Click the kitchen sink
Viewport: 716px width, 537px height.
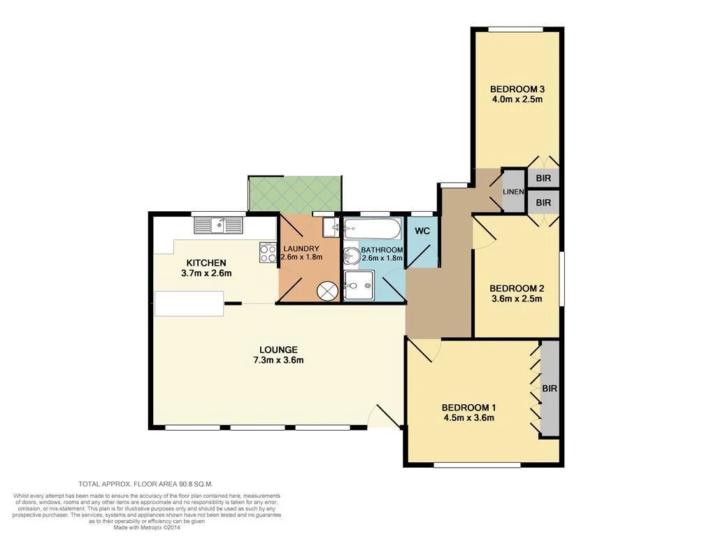coord(218,225)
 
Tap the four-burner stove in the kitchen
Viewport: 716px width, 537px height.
coord(268,252)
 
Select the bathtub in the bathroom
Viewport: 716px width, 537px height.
coord(372,228)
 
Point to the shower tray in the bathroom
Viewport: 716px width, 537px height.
coord(363,285)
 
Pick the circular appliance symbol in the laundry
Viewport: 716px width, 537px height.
coord(327,290)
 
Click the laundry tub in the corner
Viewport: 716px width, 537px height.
coord(332,227)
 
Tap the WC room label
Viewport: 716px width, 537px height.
coord(422,231)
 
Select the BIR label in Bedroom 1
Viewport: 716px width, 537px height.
coord(550,388)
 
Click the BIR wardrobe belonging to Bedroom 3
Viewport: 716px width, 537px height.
coord(543,178)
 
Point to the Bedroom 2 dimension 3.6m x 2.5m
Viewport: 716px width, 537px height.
coord(517,299)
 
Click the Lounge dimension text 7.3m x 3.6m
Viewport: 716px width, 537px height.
coord(278,360)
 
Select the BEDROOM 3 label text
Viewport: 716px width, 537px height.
coord(517,89)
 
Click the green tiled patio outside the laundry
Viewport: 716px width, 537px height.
coord(294,193)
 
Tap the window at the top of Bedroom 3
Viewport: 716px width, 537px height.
coord(516,29)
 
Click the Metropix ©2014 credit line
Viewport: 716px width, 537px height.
coord(148,527)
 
